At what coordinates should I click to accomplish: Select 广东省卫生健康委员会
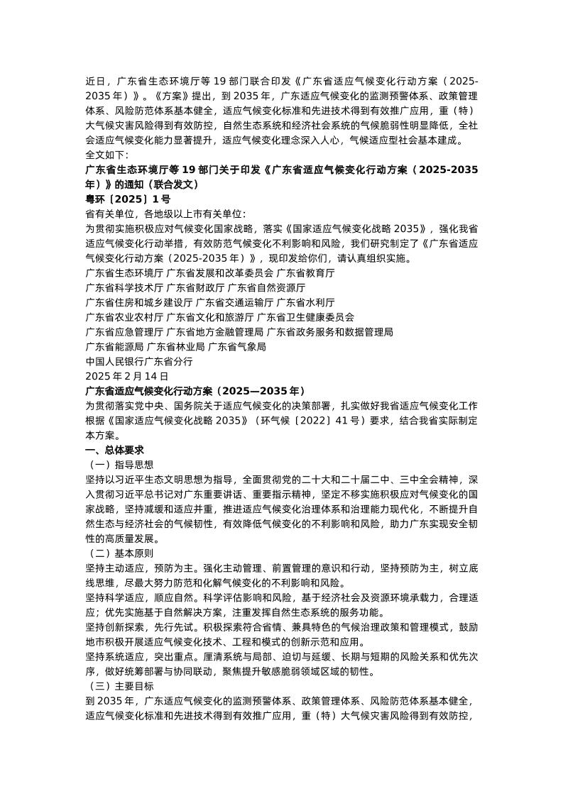tap(305, 317)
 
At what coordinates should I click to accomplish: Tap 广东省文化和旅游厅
tap(209, 317)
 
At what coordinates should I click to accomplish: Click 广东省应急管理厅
tap(124, 331)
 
